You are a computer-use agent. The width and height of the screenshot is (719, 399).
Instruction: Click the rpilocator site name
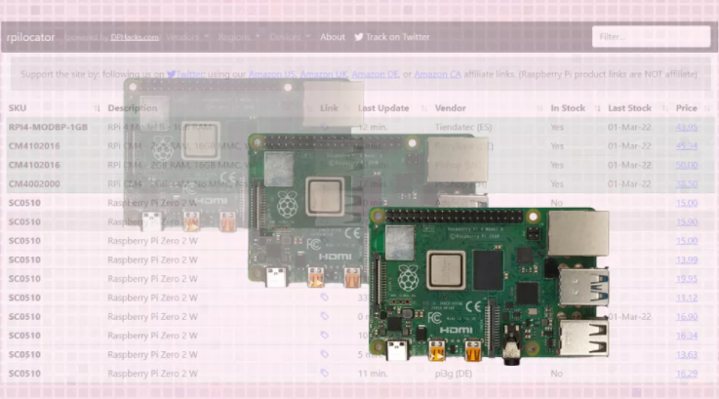[x=30, y=37]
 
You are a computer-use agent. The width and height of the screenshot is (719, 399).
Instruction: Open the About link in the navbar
[x=333, y=37]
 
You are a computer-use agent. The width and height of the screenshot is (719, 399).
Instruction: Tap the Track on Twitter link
[x=391, y=37]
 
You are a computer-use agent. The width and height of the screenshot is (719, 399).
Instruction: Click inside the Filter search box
[x=651, y=37]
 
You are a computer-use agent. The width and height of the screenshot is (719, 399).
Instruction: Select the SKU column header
[x=18, y=107]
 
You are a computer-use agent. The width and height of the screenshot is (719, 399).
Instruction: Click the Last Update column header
[x=383, y=107]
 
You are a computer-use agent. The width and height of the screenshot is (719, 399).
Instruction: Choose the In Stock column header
[x=568, y=107]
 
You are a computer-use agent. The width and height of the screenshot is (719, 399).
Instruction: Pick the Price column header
[x=687, y=107]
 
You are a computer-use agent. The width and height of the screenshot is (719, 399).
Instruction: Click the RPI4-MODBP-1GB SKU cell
[x=48, y=127]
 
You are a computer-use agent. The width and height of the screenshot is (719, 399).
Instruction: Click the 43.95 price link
[x=687, y=127]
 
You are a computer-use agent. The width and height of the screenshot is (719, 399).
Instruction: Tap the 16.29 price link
[x=687, y=374]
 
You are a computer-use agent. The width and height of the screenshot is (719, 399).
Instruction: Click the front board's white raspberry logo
[x=407, y=276]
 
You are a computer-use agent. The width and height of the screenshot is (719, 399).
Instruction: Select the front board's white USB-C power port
[x=398, y=349]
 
